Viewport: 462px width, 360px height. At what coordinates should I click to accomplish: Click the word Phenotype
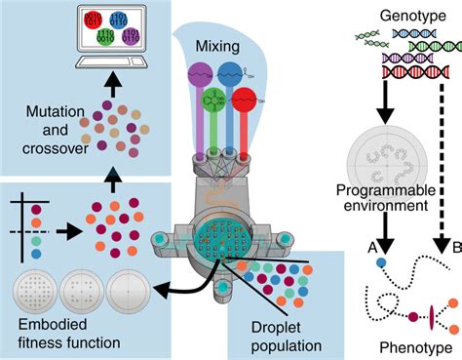coord(401,346)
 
